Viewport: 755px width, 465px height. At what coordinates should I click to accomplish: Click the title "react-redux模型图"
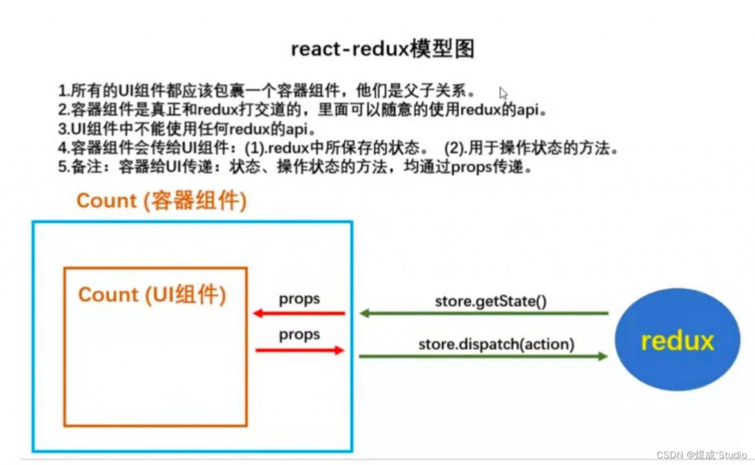[382, 50]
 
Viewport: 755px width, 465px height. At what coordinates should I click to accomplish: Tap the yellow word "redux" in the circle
[677, 341]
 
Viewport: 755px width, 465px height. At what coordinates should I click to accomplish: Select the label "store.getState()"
[491, 301]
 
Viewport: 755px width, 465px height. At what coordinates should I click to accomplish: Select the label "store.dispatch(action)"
[496, 343]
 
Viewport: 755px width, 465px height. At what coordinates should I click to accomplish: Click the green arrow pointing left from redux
[484, 313]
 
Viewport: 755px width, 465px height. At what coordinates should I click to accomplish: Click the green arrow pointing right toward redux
[484, 356]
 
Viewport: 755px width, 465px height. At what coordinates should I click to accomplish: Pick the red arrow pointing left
[298, 313]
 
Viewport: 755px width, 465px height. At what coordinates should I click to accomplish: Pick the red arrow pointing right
[300, 351]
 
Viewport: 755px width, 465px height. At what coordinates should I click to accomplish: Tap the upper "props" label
[300, 299]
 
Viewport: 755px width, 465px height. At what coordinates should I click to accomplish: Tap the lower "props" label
[300, 335]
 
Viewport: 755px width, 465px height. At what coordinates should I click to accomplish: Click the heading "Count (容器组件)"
[161, 201]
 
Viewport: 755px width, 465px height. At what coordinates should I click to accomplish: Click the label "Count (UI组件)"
[152, 294]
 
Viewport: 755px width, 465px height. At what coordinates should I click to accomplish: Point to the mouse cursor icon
[503, 93]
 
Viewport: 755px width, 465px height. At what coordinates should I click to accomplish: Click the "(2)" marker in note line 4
[455, 148]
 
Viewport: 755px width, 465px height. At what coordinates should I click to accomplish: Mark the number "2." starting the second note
[64, 110]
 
